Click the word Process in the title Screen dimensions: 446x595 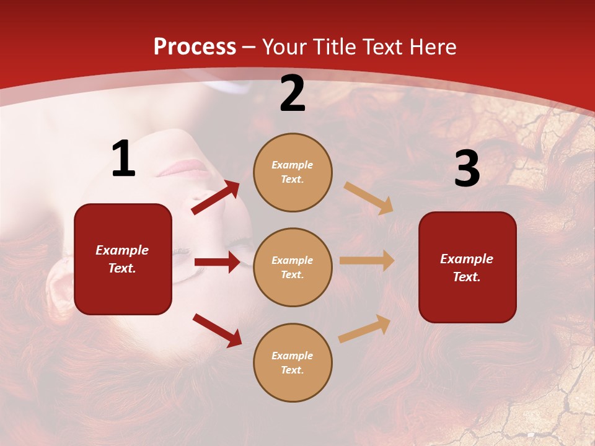(x=195, y=46)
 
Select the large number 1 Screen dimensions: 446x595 (x=123, y=159)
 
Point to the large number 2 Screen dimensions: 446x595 (x=293, y=94)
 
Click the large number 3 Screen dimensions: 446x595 (x=467, y=168)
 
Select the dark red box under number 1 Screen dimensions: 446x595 (x=123, y=259)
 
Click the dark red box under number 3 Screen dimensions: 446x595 (x=467, y=268)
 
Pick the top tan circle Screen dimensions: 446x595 (x=293, y=172)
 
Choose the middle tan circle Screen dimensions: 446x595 (x=293, y=268)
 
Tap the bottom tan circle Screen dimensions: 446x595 (x=293, y=363)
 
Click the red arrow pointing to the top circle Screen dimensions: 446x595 (x=216, y=198)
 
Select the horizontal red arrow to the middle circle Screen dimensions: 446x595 (x=217, y=262)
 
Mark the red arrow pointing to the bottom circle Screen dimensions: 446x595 (x=217, y=330)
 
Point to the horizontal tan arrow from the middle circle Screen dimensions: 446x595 (x=367, y=261)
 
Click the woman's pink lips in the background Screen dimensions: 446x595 (x=185, y=167)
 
